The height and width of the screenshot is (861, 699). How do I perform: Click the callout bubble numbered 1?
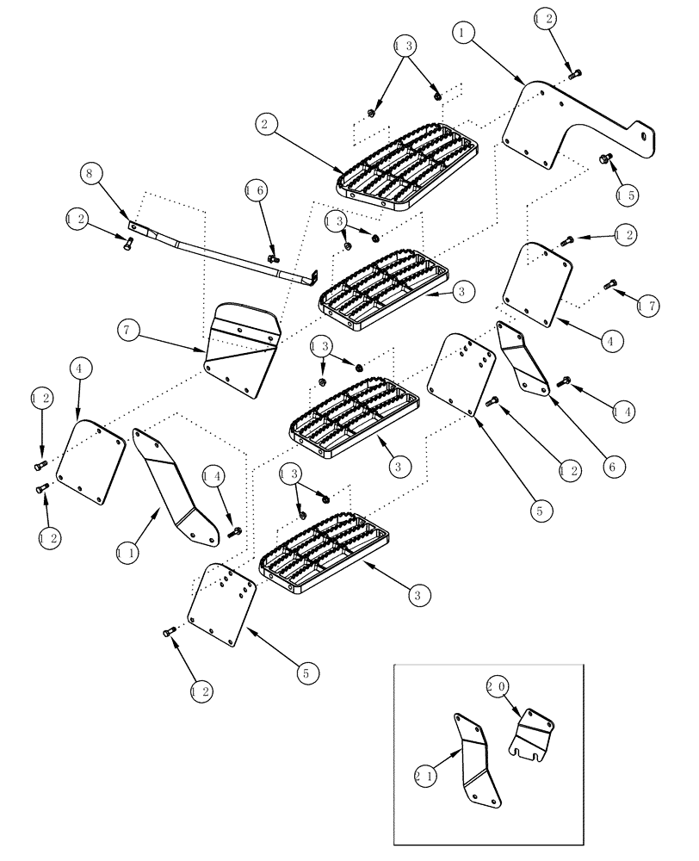(x=466, y=33)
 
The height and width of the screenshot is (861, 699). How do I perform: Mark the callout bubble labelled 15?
(x=626, y=195)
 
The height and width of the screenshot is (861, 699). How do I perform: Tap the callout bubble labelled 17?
(x=648, y=304)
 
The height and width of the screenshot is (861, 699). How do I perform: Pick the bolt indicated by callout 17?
(x=611, y=284)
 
